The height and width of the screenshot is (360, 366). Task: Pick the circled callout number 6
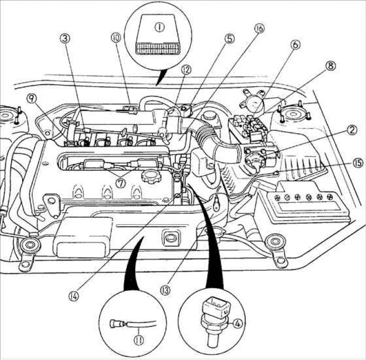(295, 45)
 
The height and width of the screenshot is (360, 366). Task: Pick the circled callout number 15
(343, 163)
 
